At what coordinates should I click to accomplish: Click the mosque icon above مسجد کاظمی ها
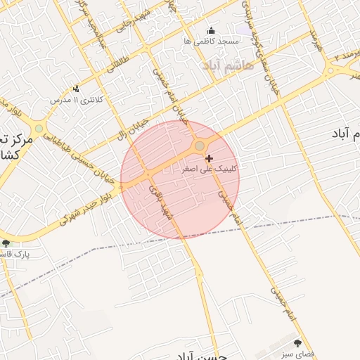[x=212, y=30]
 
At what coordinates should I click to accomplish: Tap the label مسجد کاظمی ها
[x=212, y=41]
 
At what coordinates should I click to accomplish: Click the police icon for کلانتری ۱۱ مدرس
[x=76, y=89]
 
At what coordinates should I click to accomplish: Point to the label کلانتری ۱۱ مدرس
[x=77, y=100]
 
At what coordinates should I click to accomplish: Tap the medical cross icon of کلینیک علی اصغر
[x=208, y=158]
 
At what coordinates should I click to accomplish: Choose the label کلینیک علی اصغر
[x=210, y=169]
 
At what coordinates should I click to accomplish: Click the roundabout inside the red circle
[x=200, y=146]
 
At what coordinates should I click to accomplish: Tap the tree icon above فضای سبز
[x=297, y=343]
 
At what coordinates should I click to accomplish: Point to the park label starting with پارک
[x=14, y=253]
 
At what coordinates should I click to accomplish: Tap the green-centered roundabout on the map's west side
[x=39, y=128]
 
